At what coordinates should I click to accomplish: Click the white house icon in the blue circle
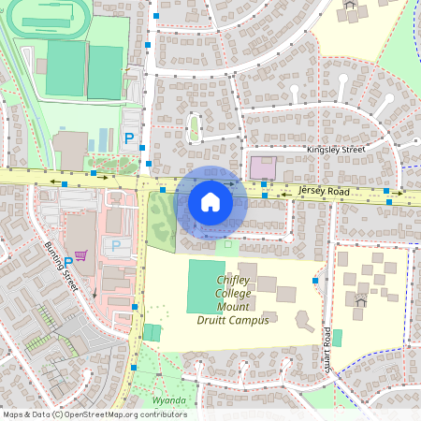(x=210, y=201)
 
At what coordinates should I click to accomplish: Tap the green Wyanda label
(x=169, y=400)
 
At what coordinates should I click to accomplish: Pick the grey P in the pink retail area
(x=117, y=245)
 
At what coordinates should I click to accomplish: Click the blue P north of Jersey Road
(x=130, y=138)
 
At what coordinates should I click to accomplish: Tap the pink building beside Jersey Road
(x=262, y=168)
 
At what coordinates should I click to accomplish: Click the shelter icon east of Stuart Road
(x=360, y=300)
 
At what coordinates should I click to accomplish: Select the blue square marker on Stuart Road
(x=315, y=280)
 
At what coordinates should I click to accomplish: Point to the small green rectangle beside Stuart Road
(x=337, y=338)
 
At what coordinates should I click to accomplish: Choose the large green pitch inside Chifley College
(x=206, y=286)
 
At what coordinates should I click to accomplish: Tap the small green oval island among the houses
(x=195, y=127)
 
